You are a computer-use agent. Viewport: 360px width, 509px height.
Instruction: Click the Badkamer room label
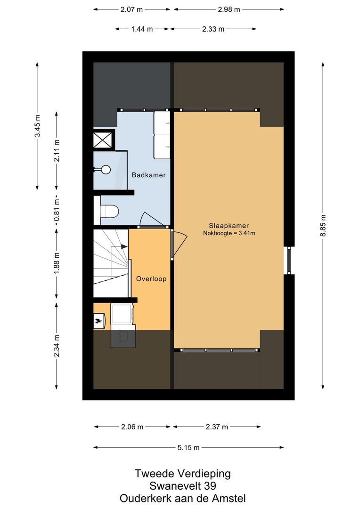(x=148, y=175)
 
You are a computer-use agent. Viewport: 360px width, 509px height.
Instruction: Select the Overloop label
(x=151, y=279)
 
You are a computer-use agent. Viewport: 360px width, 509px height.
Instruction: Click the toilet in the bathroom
(x=106, y=211)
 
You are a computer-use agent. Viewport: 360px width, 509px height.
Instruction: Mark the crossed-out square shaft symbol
(x=104, y=140)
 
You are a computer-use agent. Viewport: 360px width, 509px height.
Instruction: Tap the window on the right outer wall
(x=289, y=260)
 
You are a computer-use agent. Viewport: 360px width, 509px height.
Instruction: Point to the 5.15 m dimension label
(x=188, y=447)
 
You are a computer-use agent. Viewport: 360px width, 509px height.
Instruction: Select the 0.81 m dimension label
(x=57, y=212)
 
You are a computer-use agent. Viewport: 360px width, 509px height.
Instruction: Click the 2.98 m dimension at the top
(x=229, y=9)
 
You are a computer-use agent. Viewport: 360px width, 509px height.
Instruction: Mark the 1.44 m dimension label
(x=142, y=29)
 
